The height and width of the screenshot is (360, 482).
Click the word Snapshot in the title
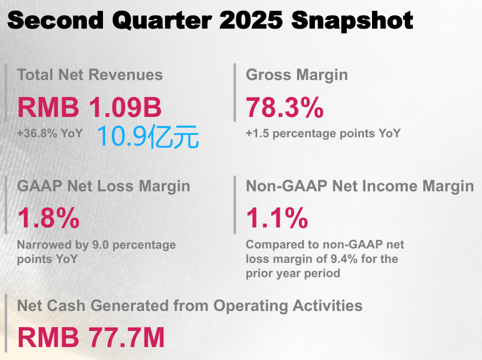coord(352,20)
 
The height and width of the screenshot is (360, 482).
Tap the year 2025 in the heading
coord(251,20)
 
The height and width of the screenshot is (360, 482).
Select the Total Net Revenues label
coord(89,75)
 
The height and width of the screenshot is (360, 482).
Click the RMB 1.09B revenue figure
coord(89,107)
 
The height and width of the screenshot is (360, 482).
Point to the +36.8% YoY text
coord(50,133)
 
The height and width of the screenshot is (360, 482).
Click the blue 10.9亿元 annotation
coord(148,137)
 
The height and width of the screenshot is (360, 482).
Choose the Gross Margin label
coord(297,75)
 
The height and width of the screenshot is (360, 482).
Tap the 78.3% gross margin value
coord(285,107)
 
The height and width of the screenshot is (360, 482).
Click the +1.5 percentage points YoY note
coord(323,134)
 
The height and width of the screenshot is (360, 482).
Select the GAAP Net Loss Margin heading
coord(104,186)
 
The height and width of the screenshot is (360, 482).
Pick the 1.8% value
coord(49,218)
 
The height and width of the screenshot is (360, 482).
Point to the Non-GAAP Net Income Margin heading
coord(360,186)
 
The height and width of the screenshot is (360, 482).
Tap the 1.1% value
coord(277,218)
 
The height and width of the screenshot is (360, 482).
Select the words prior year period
coord(293,273)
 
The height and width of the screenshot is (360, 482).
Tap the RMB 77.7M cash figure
coord(91,337)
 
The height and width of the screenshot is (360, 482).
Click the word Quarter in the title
coord(162,20)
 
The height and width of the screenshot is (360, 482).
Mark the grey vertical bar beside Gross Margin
coord(235,93)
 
